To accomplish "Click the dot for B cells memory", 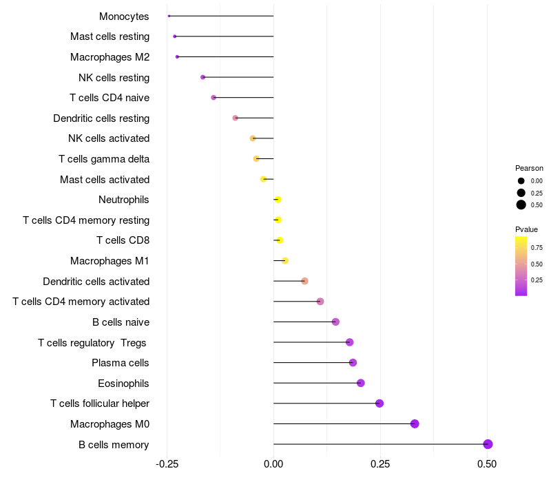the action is pos(488,444).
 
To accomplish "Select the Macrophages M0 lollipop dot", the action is pos(415,423).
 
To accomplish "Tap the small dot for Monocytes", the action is pos(169,16).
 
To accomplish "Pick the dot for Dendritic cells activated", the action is pos(304,281).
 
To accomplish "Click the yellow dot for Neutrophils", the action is pos(278,200).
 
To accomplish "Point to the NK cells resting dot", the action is pos(202,77).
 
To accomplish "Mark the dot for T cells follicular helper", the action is pos(380,404).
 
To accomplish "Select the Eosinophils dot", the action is pos(360,383).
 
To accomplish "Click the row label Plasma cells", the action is pos(120,363).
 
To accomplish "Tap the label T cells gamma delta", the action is pos(104,159).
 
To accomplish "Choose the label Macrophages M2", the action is pos(110,57).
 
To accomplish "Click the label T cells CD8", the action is pos(123,240).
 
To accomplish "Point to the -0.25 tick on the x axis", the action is pos(167,464).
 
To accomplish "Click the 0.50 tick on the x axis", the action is pos(487,464).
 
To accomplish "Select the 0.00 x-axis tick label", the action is pos(273,464).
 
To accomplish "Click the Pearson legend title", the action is pos(529,168).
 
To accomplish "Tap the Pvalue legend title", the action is pos(526,229).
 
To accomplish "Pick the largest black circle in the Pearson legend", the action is pos(521,205).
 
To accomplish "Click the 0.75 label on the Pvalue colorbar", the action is pos(537,248).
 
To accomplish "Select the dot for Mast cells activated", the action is pos(264,179).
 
